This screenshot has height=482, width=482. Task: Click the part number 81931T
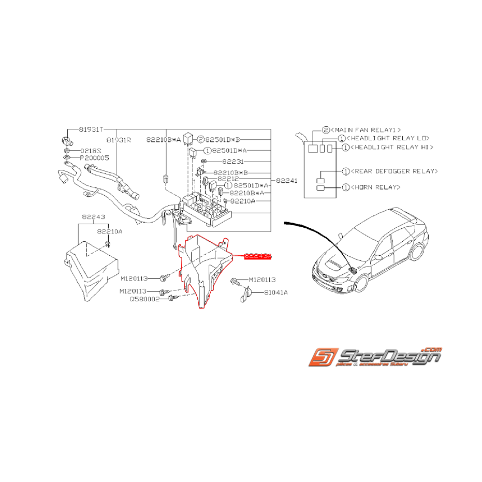(91, 129)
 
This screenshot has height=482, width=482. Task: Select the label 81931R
(119, 139)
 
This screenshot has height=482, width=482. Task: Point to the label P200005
(94, 157)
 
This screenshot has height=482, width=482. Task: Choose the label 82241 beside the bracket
(286, 181)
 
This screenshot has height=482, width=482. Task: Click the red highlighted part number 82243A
(257, 256)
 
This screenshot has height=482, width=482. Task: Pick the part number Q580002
(145, 299)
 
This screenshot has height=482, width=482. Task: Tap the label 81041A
(275, 293)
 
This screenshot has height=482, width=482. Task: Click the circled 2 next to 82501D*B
(200, 139)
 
